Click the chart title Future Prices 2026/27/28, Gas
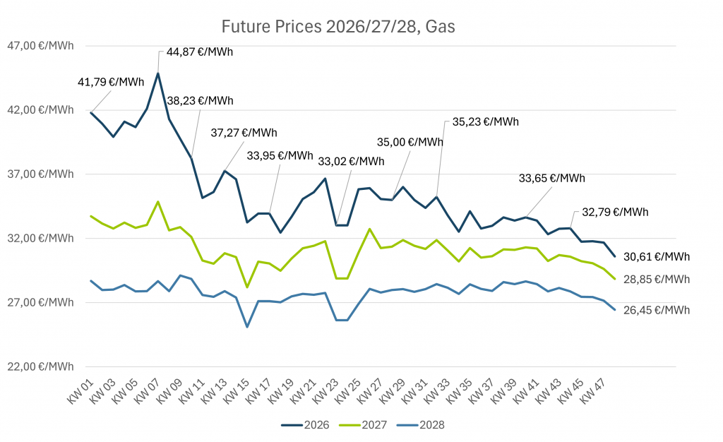[x=338, y=27]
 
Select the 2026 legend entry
[x=301, y=424]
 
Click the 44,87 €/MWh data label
[x=200, y=52]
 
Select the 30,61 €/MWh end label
[x=657, y=256]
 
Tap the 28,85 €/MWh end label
[x=657, y=279]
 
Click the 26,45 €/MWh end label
[x=657, y=310]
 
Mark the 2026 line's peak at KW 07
[x=158, y=73]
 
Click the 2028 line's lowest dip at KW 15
[x=247, y=327]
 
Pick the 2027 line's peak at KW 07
[x=158, y=202]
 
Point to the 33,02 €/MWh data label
[x=351, y=161]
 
